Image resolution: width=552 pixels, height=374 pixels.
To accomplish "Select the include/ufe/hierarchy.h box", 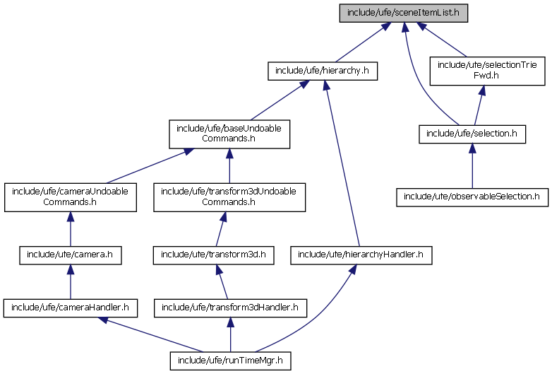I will [x=323, y=71].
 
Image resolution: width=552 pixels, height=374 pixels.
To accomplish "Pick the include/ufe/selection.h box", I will [x=472, y=134].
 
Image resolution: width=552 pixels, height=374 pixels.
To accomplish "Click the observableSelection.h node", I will [x=472, y=196].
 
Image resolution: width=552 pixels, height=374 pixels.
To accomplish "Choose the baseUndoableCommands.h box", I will [x=229, y=134].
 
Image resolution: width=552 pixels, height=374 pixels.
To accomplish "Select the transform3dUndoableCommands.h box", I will [x=229, y=197].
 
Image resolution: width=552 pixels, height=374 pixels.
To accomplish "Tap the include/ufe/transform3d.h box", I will [x=214, y=254].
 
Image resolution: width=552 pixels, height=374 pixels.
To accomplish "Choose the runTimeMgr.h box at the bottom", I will [x=230, y=361].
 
